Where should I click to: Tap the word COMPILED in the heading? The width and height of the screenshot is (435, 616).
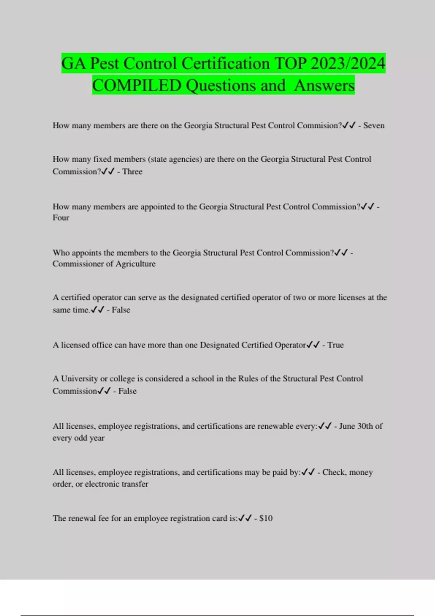coord(137,86)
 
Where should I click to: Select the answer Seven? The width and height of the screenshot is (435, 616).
coord(374,125)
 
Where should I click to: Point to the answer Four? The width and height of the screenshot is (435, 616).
coord(61,218)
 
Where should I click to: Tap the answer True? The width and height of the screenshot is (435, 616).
coord(335,345)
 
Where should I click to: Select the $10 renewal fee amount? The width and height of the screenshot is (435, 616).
coord(266,518)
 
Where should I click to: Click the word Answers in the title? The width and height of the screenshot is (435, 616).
coord(324,86)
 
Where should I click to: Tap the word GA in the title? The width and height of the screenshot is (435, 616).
coord(74,63)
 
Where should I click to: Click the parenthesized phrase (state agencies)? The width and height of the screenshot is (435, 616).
coord(175,159)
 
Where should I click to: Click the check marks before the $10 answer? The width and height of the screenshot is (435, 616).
coord(245,518)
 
